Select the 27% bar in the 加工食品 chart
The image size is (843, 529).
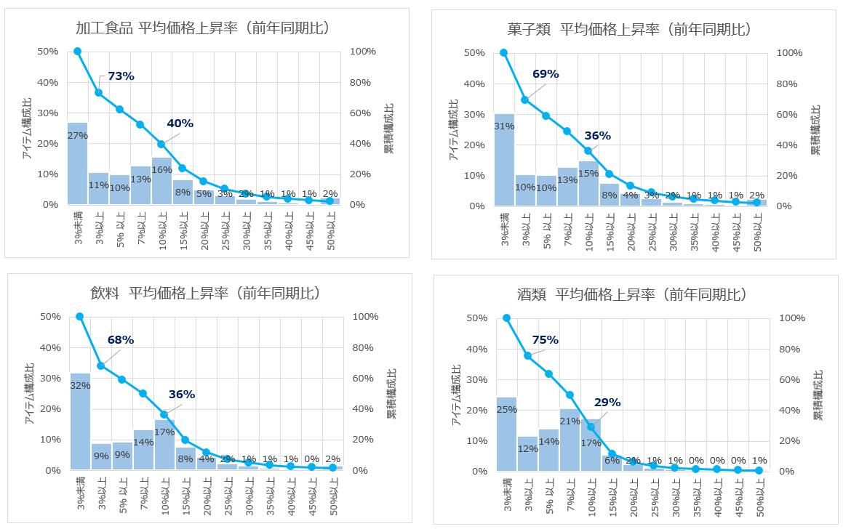pos(77,163)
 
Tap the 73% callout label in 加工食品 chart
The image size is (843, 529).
pos(121,76)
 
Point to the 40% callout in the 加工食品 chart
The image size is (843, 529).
pos(180,124)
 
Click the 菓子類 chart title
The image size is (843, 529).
pos(629,30)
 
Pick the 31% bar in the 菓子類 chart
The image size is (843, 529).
pos(504,160)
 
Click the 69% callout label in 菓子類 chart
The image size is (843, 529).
pos(545,74)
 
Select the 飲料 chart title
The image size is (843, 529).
pos(205,294)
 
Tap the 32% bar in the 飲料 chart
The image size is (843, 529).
pos(80,421)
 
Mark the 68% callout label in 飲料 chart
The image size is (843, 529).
pos(121,339)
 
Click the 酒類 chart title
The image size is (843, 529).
pos(630,295)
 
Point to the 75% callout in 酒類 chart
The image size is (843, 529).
pos(545,339)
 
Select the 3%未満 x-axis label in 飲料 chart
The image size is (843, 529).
pos(81,492)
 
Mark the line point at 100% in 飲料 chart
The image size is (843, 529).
pos(80,316)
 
